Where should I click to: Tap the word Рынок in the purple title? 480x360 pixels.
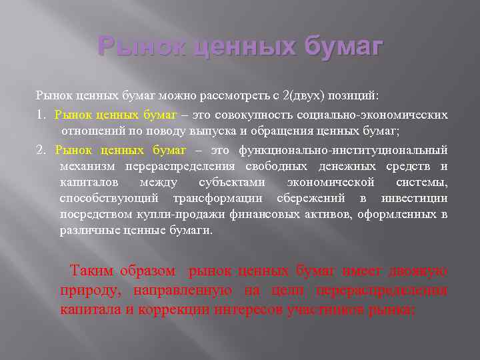134,47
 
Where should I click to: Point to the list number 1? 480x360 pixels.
40,115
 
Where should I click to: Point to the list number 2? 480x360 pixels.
40,149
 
